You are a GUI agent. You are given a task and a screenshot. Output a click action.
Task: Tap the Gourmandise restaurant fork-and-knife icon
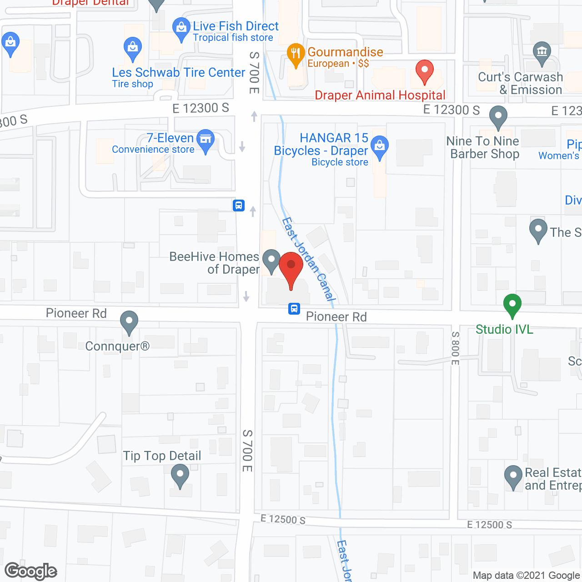tap(296, 54)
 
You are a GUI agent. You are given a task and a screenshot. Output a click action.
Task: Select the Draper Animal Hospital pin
tap(425, 71)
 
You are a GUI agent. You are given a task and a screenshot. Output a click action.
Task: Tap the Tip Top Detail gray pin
tap(180, 476)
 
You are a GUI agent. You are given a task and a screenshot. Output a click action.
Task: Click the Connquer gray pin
tap(129, 321)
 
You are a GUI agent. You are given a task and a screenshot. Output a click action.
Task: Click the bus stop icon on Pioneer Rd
tap(294, 309)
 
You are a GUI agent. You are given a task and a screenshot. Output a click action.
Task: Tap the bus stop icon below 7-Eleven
tap(239, 206)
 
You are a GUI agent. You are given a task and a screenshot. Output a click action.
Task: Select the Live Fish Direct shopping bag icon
tap(181, 28)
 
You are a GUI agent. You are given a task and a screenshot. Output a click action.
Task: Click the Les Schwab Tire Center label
tap(178, 73)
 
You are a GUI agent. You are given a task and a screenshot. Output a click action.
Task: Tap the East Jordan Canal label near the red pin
tap(308, 259)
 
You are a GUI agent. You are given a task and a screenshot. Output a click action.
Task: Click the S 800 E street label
tap(455, 348)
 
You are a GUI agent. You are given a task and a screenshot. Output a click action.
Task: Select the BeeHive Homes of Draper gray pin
tap(271, 260)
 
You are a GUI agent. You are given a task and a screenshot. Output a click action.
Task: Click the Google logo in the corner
tap(31, 571)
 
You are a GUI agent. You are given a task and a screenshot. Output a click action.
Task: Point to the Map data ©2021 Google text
tap(527, 576)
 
